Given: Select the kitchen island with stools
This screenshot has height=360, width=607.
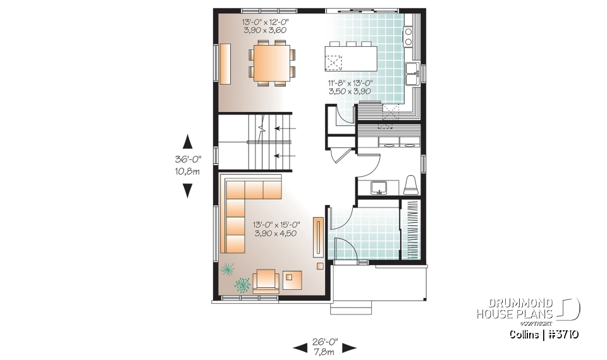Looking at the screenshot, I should (x=350, y=60).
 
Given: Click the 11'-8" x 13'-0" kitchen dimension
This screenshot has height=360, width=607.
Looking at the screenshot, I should (x=350, y=87).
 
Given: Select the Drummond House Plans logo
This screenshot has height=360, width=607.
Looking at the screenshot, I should (x=528, y=309).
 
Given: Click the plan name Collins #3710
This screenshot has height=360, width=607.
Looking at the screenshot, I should (x=543, y=334).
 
